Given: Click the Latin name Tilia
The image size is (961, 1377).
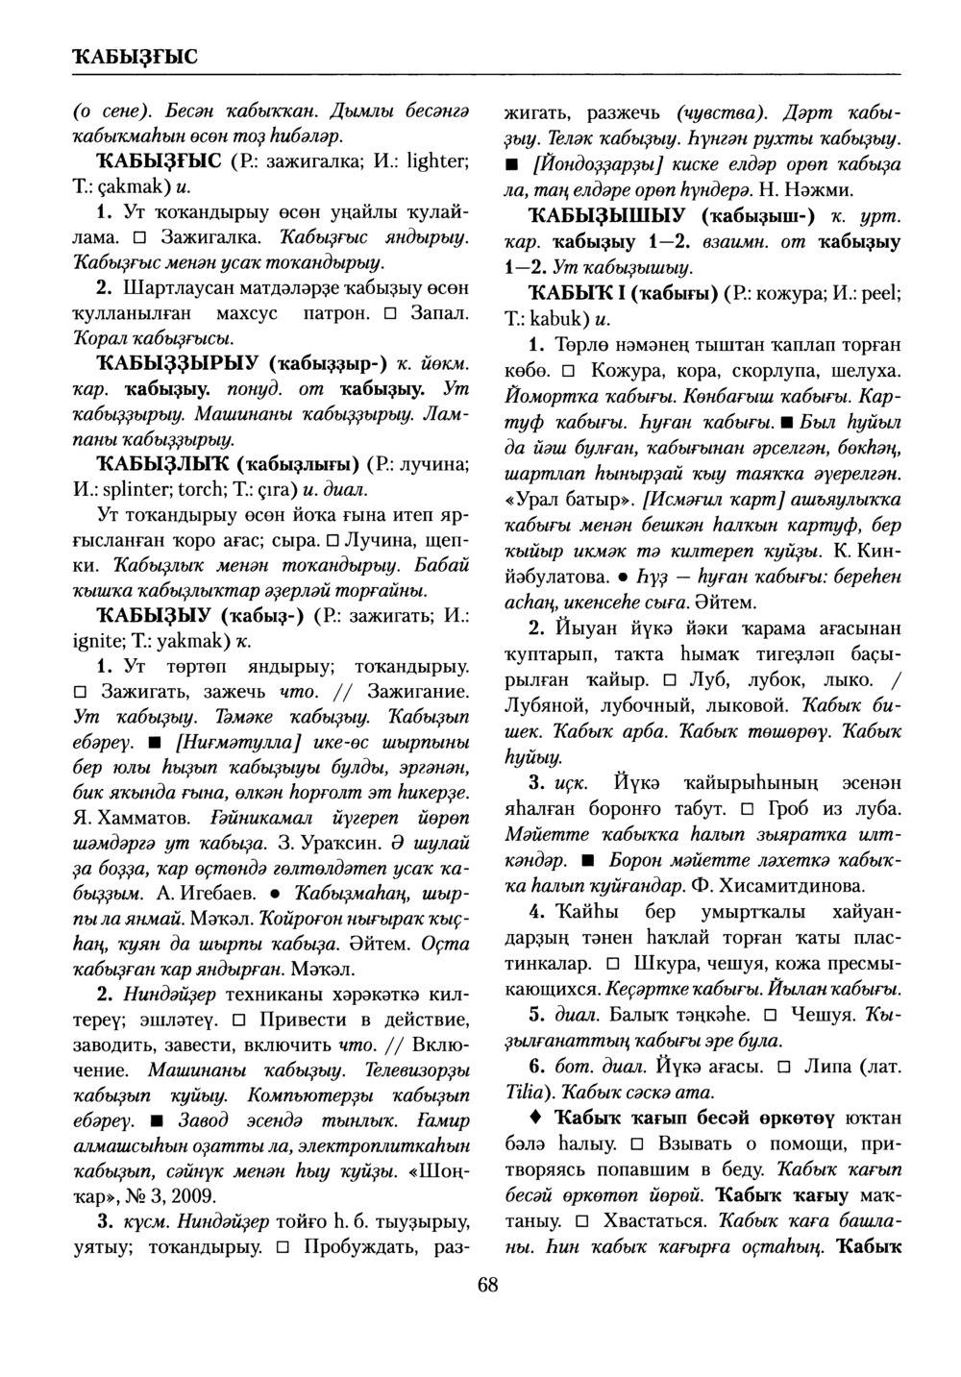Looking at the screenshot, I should [x=525, y=1092].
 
